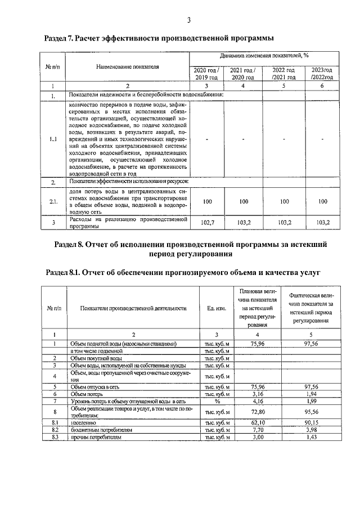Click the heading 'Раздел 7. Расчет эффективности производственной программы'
[159, 38]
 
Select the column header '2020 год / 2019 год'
[205, 74]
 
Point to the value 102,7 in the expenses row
[208, 223]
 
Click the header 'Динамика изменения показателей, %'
[264, 56]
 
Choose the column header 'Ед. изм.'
[216, 308]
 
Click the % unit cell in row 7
[216, 402]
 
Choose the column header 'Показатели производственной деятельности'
[133, 308]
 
